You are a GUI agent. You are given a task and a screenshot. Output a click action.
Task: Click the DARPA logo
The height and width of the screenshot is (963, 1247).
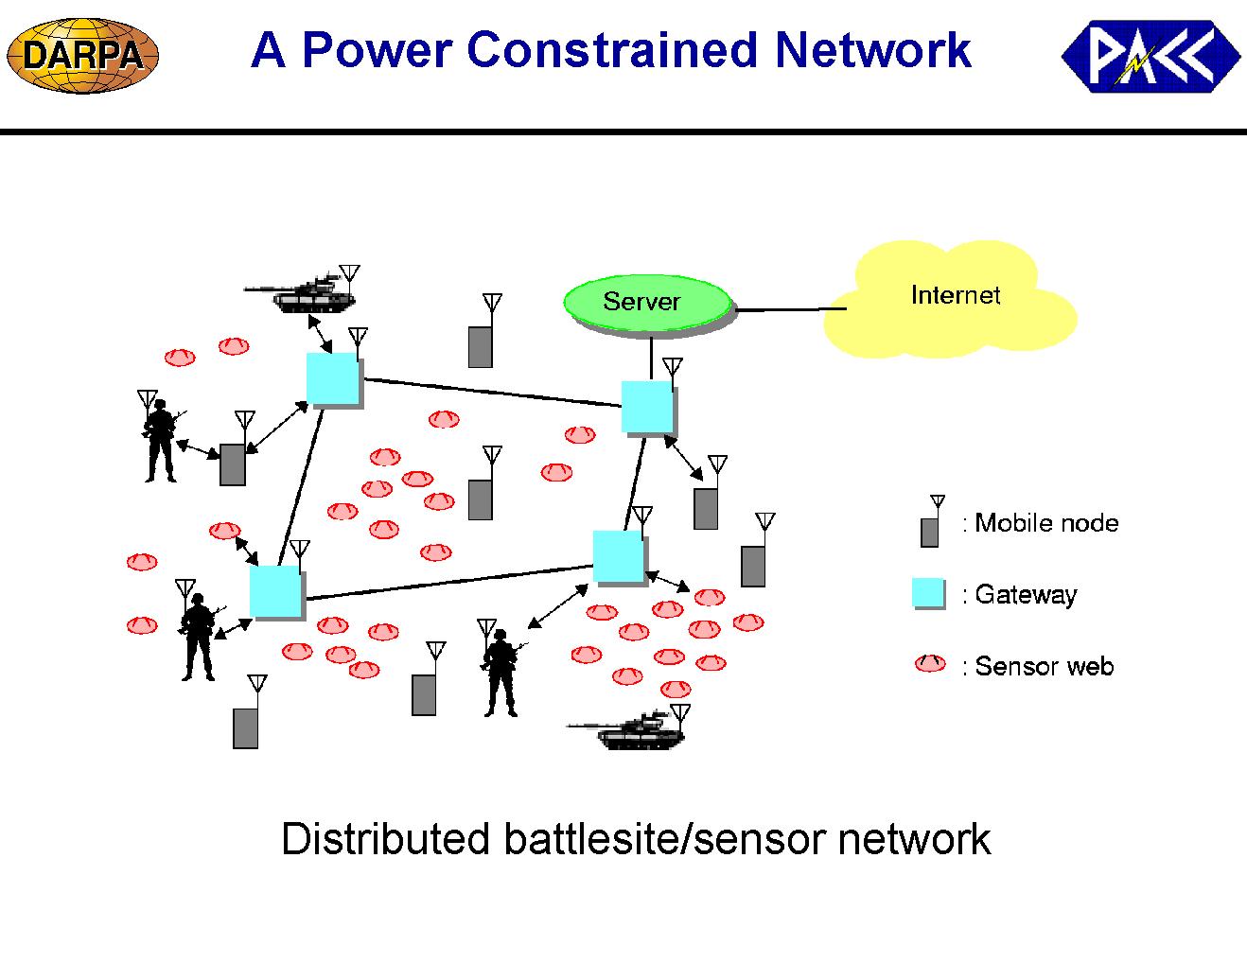tap(82, 56)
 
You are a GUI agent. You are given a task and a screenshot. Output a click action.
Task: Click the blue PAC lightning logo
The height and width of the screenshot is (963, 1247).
tap(1151, 56)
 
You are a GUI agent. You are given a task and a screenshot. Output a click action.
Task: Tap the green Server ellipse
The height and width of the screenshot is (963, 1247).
tap(647, 303)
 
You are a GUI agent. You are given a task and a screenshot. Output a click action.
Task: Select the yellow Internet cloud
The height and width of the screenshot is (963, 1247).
tap(951, 299)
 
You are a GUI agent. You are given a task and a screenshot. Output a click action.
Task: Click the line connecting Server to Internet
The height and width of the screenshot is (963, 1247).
tap(791, 309)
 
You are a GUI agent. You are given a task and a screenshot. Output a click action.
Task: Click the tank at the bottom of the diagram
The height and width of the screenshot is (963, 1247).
tap(628, 729)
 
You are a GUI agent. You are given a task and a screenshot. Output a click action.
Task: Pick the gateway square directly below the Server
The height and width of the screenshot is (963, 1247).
tap(647, 407)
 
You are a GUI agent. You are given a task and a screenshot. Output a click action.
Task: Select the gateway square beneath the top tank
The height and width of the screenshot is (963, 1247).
tap(333, 378)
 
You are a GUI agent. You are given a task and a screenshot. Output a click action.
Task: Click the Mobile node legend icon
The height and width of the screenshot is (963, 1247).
tap(931, 521)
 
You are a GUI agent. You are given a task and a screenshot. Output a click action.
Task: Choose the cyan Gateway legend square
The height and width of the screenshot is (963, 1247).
tap(928, 592)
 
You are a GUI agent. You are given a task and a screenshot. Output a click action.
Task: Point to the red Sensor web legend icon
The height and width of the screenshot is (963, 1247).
tap(930, 664)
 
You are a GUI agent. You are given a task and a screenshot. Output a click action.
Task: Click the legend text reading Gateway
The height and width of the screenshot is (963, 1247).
tap(1026, 594)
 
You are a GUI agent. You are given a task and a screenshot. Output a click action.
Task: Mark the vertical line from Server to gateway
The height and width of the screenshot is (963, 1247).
tap(651, 357)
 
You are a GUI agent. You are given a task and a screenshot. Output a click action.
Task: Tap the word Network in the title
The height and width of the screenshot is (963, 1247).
tap(873, 50)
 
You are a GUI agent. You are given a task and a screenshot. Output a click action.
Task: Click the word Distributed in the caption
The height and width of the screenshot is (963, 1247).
tap(384, 839)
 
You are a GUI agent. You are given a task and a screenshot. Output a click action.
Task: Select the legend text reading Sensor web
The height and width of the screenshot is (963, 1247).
tap(1045, 667)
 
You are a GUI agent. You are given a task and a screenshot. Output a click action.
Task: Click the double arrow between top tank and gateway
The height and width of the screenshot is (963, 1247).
tap(320, 334)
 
